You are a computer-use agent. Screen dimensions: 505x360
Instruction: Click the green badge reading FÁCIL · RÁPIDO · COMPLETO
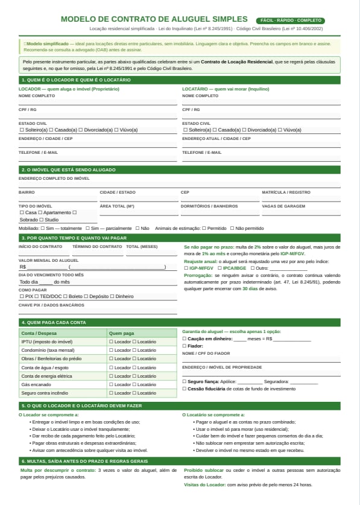pyautogui.click(x=290, y=21)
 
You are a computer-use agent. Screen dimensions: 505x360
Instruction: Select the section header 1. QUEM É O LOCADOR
pyautogui.click(x=75, y=80)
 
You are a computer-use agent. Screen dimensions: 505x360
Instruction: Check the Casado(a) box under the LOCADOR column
pyautogui.click(x=51, y=130)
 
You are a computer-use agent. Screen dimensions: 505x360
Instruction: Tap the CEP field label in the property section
pyautogui.click(x=185, y=192)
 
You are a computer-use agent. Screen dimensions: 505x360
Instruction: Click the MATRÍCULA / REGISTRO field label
pyautogui.click(x=286, y=192)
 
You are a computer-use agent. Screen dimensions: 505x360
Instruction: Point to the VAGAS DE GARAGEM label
pyautogui.click(x=283, y=206)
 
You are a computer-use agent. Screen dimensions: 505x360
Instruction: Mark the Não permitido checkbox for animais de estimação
pyautogui.click(x=232, y=229)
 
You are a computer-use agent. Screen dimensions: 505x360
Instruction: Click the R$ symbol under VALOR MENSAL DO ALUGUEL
pyautogui.click(x=23, y=267)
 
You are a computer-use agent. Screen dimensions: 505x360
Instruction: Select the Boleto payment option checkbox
pyautogui.click(x=65, y=296)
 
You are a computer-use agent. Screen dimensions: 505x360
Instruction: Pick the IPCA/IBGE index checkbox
pyautogui.click(x=220, y=268)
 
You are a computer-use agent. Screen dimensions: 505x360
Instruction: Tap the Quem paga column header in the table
pyautogui.click(x=121, y=333)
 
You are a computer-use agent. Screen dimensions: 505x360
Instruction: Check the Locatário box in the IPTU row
pyautogui.click(x=134, y=342)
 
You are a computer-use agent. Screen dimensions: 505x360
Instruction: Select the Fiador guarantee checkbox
pyautogui.click(x=185, y=346)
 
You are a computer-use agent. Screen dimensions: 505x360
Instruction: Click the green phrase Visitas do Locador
pyautogui.click(x=204, y=484)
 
